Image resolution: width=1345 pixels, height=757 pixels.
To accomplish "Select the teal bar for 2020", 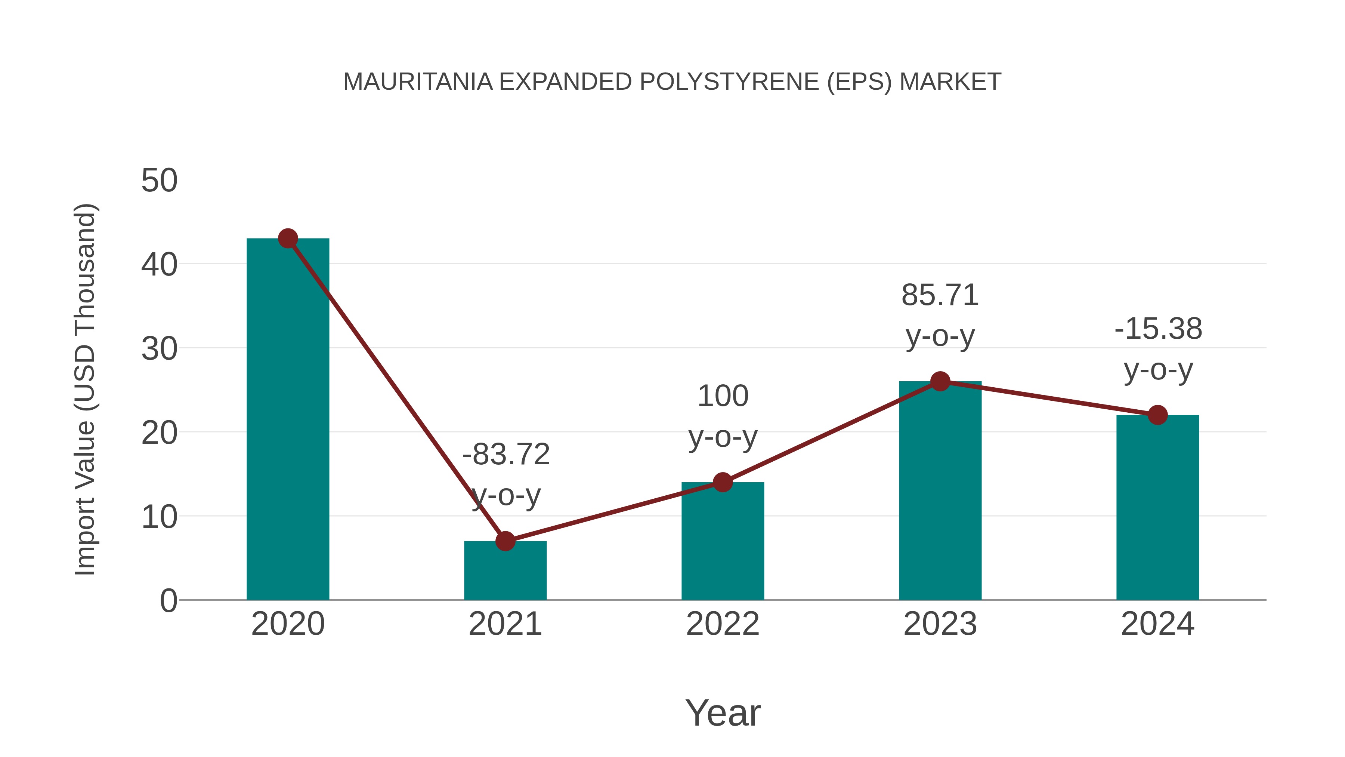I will click(288, 418).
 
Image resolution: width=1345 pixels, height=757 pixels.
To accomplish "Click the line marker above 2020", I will click(288, 239).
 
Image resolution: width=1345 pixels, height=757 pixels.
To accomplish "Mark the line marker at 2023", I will click(940, 381).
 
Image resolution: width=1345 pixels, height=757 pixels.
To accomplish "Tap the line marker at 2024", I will click(1157, 415).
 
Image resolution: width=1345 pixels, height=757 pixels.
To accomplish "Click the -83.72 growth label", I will click(506, 454).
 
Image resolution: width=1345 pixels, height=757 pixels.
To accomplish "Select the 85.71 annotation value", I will click(940, 295).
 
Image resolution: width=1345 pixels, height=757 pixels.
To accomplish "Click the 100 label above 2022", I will click(723, 396).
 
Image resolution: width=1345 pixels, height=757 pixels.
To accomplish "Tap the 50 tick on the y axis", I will click(159, 181).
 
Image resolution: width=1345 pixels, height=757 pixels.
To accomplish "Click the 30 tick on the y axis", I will click(159, 348).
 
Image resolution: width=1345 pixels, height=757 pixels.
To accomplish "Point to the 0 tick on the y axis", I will click(168, 600).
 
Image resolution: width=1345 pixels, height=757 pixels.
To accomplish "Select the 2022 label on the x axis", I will click(723, 624).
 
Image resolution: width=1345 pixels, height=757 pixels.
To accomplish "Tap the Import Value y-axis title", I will click(84, 389).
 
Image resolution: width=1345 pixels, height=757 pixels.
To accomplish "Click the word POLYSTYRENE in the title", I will click(729, 82).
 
